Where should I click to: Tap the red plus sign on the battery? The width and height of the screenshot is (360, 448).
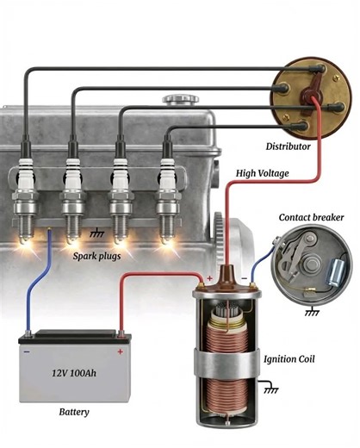(x=120, y=351)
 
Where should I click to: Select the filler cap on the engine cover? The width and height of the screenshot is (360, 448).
(x=179, y=100)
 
